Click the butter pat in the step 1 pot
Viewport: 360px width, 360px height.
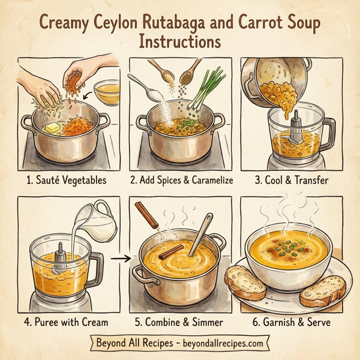coord(50,128)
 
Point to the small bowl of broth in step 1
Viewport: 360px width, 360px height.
coord(106,92)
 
